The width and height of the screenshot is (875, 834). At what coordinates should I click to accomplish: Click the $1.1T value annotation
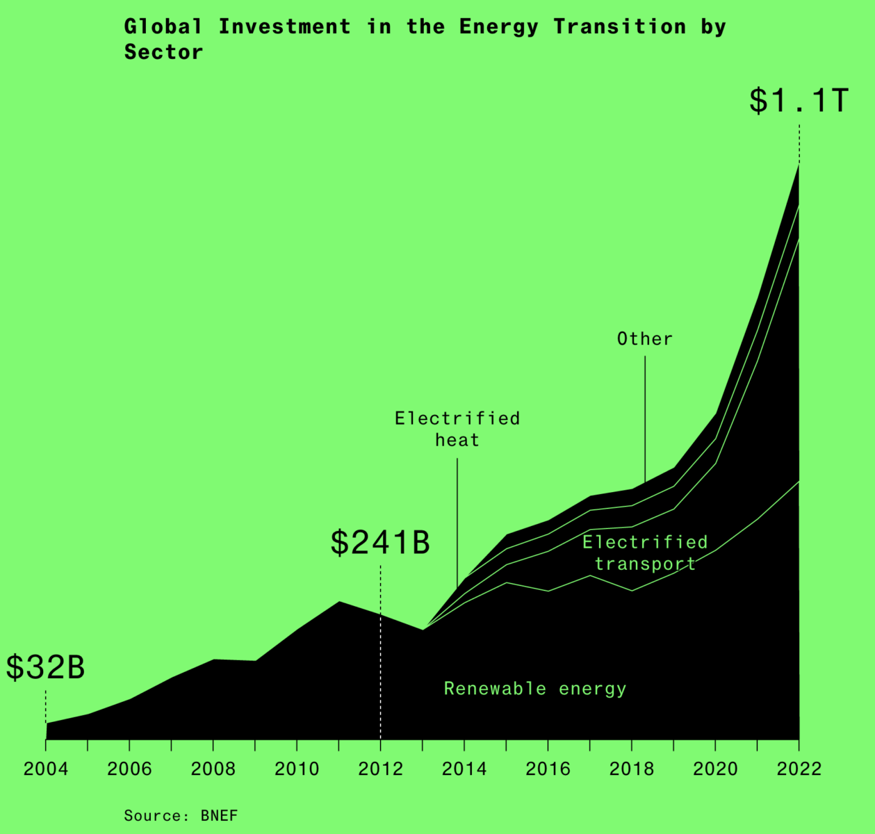[799, 101]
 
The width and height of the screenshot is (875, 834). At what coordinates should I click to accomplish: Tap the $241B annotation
[380, 542]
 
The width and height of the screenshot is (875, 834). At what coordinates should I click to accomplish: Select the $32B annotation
[46, 667]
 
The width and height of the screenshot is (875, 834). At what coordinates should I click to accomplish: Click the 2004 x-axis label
[46, 769]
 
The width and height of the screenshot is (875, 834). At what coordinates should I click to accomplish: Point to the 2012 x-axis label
[380, 769]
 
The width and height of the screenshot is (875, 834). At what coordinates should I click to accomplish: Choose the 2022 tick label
[799, 769]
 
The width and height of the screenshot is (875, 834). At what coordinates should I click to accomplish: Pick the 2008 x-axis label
[213, 769]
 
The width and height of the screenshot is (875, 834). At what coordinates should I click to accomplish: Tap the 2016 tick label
[548, 769]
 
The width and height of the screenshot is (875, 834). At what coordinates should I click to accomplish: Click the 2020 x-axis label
[715, 769]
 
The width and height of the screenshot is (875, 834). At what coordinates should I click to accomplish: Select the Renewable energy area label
[535, 689]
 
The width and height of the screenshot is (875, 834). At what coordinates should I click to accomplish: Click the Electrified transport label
[645, 553]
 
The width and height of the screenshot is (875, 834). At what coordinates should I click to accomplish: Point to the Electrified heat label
[457, 429]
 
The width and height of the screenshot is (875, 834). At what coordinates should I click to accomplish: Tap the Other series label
[645, 339]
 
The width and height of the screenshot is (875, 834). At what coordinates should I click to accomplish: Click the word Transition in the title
[620, 27]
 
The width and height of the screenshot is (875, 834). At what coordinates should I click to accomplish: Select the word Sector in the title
[163, 52]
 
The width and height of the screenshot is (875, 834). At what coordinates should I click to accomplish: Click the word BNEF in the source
[219, 815]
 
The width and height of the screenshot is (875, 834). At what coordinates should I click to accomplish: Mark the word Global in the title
[163, 27]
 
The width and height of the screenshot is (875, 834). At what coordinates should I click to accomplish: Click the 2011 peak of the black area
[339, 602]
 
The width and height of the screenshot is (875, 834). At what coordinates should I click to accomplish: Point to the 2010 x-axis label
[297, 769]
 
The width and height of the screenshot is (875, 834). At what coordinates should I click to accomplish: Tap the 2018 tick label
[631, 769]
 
